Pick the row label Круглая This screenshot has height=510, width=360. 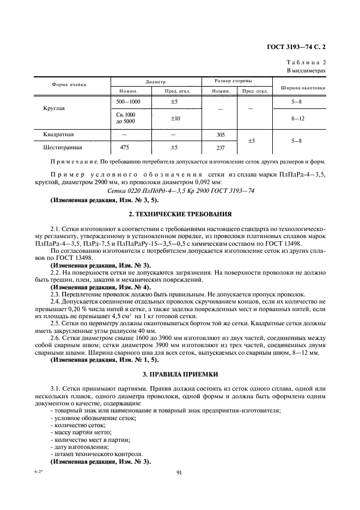coord(54,108)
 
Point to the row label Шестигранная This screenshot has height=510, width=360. coord(62,147)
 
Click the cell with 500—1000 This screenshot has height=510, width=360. coord(128,102)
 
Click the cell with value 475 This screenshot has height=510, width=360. coord(125,147)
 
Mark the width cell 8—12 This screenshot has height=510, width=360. coord(297,118)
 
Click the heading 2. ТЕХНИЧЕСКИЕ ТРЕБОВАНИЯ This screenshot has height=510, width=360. coord(180,214)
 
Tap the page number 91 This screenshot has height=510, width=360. coord(179,473)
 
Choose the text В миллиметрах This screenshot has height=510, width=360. coord(306,71)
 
